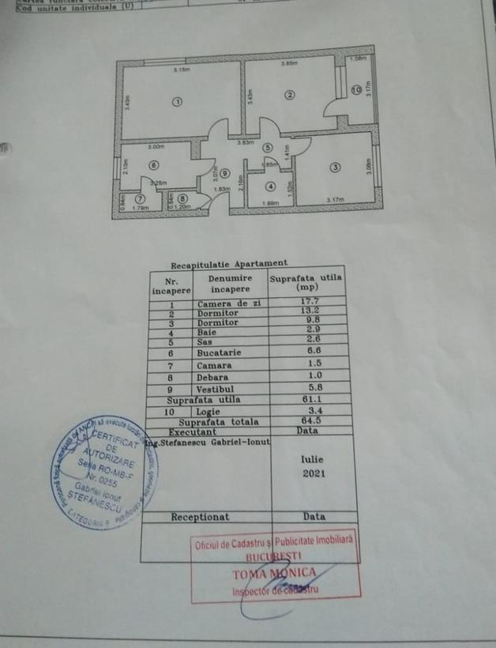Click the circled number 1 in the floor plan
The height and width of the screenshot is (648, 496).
click(177, 102)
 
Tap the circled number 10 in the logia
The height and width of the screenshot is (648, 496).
click(356, 90)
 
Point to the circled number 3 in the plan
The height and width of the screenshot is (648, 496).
click(335, 167)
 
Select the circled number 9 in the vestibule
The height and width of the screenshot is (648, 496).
click(224, 174)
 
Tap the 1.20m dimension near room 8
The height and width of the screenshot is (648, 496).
click(184, 208)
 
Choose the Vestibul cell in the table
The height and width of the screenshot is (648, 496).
click(221, 390)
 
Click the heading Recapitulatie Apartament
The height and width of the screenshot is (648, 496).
click(229, 264)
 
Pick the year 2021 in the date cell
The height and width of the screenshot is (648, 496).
click(313, 474)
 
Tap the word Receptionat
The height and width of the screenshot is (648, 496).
click(201, 517)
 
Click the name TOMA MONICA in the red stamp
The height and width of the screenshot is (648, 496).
click(273, 573)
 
